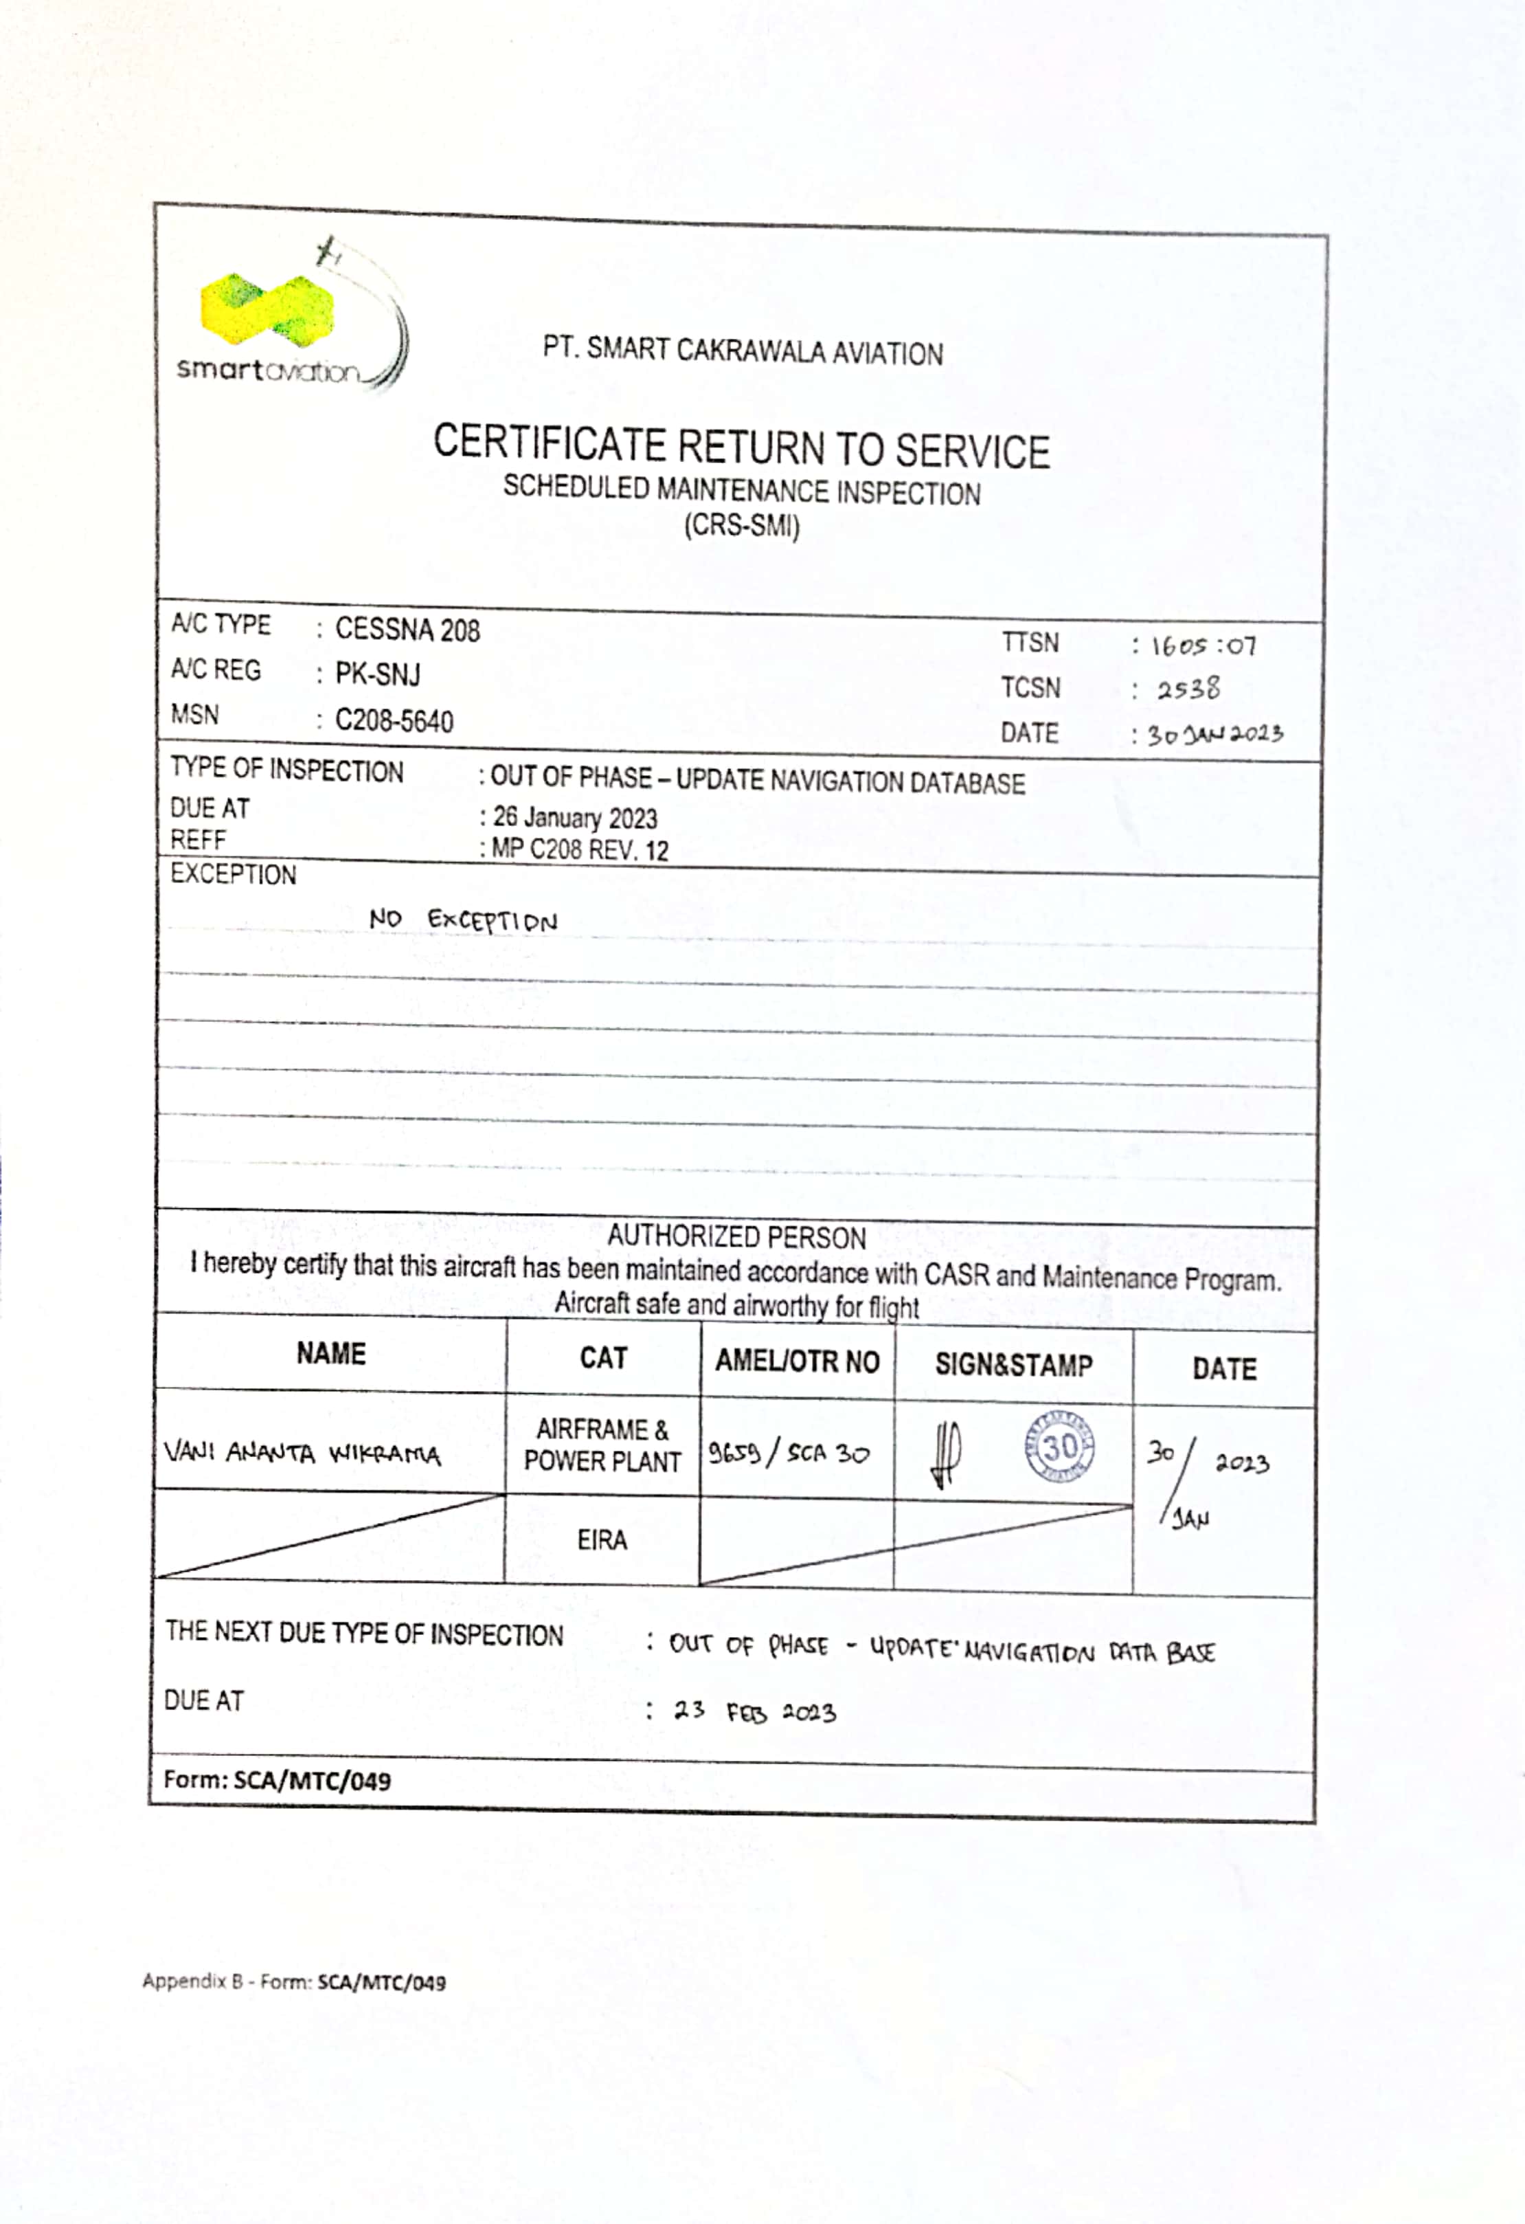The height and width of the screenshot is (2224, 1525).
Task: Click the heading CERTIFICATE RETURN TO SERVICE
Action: point(741,447)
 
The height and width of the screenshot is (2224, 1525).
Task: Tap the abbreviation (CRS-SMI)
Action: point(741,525)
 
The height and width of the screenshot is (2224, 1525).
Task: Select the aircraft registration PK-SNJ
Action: point(377,675)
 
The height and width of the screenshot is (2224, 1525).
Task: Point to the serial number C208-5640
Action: point(393,720)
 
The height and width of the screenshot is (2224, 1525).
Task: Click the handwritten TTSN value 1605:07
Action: point(1203,646)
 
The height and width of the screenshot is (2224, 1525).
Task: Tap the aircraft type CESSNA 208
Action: point(407,630)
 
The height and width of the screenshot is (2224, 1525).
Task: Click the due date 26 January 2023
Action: point(574,819)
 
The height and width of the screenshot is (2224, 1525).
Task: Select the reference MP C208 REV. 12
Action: point(579,849)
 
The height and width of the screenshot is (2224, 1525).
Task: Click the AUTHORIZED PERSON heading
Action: point(736,1236)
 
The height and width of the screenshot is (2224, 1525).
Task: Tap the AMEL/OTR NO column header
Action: point(797,1361)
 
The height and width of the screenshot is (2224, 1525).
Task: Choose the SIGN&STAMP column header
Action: point(1013,1365)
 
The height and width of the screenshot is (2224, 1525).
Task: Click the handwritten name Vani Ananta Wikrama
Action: point(302,1454)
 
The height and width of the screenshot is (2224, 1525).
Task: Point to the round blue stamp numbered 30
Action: point(1059,1446)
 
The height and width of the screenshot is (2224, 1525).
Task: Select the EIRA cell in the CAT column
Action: point(602,1539)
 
